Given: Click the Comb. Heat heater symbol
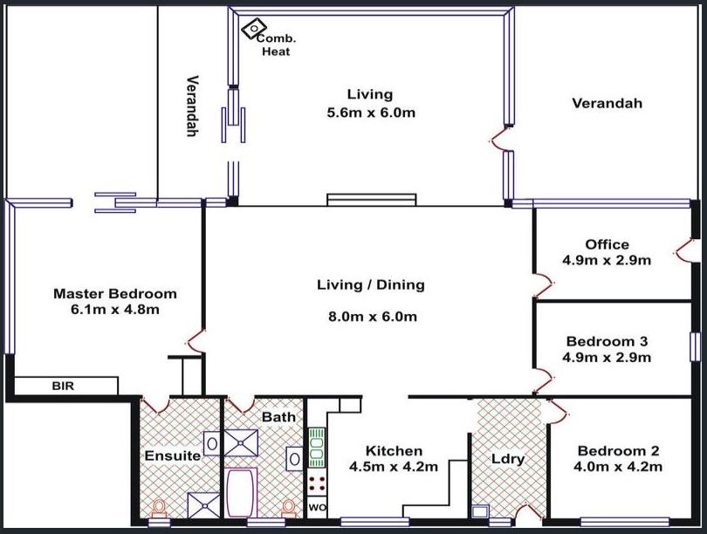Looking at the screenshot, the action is [x=253, y=29].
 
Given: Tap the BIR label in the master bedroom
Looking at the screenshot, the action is [x=63, y=387].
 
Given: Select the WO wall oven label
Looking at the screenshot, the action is [x=317, y=508].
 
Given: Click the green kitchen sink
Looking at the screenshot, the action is [x=317, y=448].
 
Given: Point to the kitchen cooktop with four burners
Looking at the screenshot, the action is [x=317, y=483].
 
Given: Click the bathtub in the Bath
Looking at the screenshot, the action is [x=241, y=493].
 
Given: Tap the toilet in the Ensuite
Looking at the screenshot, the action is [x=159, y=510].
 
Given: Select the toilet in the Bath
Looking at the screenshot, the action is [x=289, y=510].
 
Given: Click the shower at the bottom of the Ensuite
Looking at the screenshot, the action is [x=203, y=505].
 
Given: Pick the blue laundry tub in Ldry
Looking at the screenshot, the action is [x=480, y=511].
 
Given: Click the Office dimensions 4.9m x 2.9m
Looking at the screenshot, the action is [x=607, y=261].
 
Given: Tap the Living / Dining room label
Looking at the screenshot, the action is [x=371, y=284].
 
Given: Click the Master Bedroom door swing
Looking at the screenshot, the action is [x=196, y=340].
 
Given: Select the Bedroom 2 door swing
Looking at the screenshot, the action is [x=559, y=410].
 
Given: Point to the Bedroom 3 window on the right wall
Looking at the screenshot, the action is [x=696, y=346].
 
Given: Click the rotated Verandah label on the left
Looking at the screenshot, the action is [x=193, y=106].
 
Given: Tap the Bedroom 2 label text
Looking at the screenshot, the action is [x=618, y=450].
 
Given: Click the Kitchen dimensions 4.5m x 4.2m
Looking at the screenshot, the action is [x=393, y=467].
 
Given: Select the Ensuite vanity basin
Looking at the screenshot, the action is [x=212, y=444].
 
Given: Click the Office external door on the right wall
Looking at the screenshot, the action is [x=685, y=250].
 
